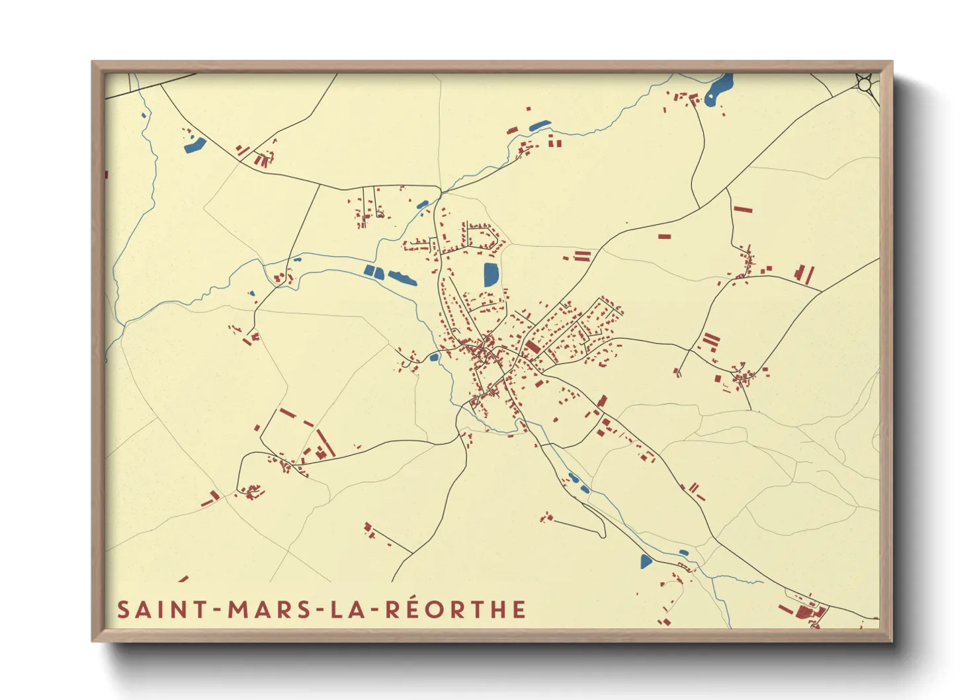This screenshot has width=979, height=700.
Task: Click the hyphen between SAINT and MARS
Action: [214, 610]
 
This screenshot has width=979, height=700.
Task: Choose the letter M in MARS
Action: [239, 609]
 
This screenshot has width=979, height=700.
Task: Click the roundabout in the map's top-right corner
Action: [865, 83]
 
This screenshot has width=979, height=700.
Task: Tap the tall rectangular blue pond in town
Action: [491, 274]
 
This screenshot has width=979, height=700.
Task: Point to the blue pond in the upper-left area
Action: [194, 144]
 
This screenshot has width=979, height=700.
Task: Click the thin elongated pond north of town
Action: [540, 125]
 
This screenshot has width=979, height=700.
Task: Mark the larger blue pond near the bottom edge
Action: [646, 562]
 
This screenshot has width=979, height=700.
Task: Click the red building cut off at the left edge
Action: [106, 174]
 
